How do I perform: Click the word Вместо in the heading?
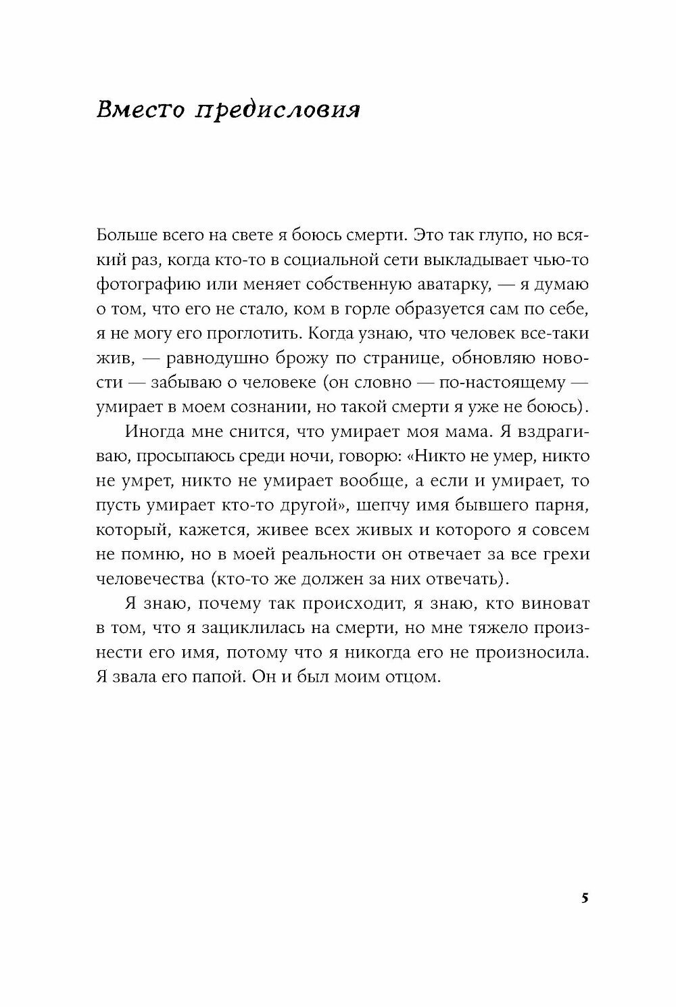(140, 110)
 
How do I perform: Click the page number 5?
(585, 899)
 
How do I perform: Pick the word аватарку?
(437, 284)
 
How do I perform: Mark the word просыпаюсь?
(182, 456)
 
